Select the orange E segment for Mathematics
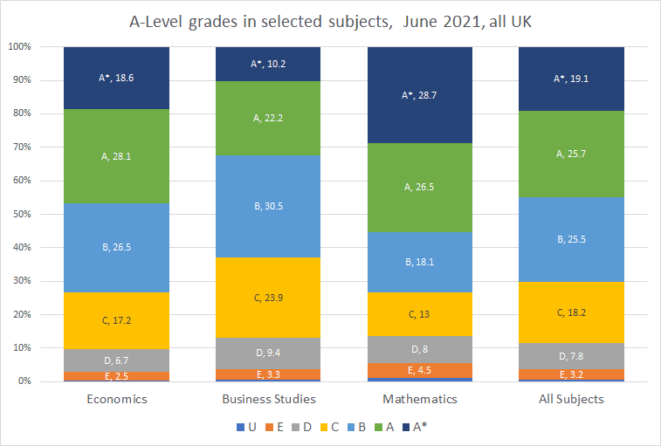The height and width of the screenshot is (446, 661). click(420, 370)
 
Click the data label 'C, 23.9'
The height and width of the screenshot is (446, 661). click(268, 298)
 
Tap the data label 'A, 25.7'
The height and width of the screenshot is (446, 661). click(572, 154)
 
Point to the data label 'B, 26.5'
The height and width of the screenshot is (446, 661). click(116, 247)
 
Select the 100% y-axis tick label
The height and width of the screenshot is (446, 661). click(19, 47)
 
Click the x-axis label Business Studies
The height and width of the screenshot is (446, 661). click(268, 400)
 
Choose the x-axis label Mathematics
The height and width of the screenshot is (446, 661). click(420, 400)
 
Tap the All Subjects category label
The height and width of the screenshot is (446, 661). click(572, 400)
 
